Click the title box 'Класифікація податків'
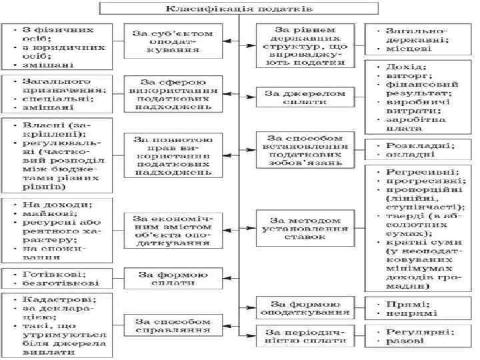239,9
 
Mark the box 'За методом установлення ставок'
303,229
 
